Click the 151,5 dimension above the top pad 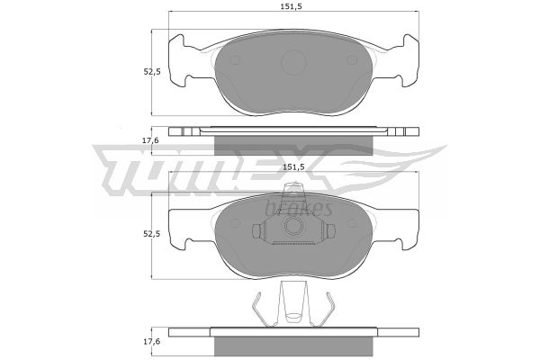tap(293, 6)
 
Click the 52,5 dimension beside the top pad tap(152, 72)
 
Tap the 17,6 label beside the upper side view tap(152, 140)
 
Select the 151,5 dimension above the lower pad tap(293, 166)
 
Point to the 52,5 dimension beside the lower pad tap(152, 234)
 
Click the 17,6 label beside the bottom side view tap(152, 341)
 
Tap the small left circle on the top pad tap(235, 60)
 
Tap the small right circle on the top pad tap(352, 60)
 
